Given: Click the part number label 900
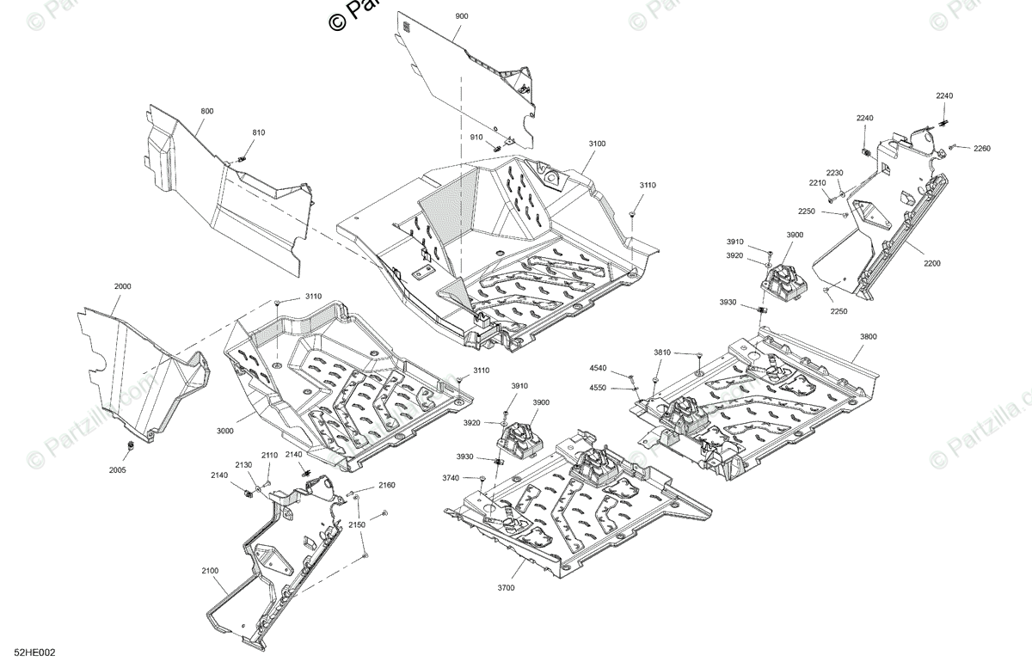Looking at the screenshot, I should (463, 17).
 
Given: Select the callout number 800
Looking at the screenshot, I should (207, 112).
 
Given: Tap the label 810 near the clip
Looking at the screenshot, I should (259, 132).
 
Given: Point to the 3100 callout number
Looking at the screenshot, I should (597, 144).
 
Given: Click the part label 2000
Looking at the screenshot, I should (123, 285).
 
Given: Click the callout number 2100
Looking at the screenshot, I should (210, 569).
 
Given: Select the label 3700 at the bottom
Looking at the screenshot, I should (506, 587).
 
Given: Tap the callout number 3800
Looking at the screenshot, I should (868, 337).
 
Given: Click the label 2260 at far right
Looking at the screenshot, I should (982, 149).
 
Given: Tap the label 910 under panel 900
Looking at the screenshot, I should (476, 138).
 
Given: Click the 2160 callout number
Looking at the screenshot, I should (386, 486).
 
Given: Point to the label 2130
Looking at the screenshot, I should (243, 464).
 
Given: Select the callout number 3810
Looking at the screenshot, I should (662, 352).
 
